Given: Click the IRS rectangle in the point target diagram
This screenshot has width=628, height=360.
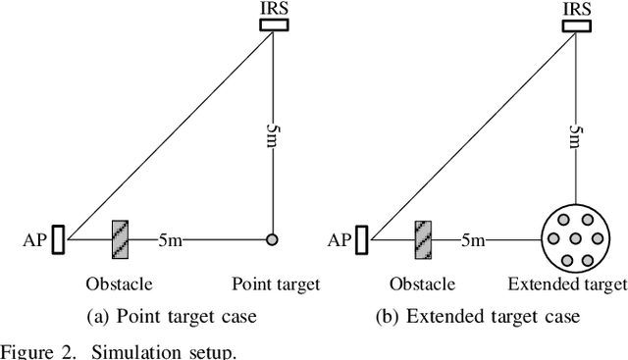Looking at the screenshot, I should tap(273, 25).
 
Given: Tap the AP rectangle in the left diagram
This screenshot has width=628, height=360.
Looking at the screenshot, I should tap(58, 238).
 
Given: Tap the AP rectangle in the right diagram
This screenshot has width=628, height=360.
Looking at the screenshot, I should tap(363, 238).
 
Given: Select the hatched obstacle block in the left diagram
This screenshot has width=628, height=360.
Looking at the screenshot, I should tap(121, 238).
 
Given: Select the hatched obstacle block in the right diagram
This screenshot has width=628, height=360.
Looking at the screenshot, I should tap(424, 238).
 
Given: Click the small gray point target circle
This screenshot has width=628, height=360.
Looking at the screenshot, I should tap(273, 238).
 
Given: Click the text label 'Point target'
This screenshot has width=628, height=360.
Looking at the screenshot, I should tap(276, 284).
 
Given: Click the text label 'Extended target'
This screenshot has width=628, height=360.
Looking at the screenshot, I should tap(567, 284).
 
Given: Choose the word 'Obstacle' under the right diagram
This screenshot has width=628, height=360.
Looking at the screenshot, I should tap(422, 284).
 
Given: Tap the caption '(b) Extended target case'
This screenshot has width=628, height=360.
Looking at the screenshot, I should tap(478, 316).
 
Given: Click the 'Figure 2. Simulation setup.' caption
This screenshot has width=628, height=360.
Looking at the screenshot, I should tap(118, 350).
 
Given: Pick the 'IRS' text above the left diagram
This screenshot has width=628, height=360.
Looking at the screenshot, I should tap(273, 8).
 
